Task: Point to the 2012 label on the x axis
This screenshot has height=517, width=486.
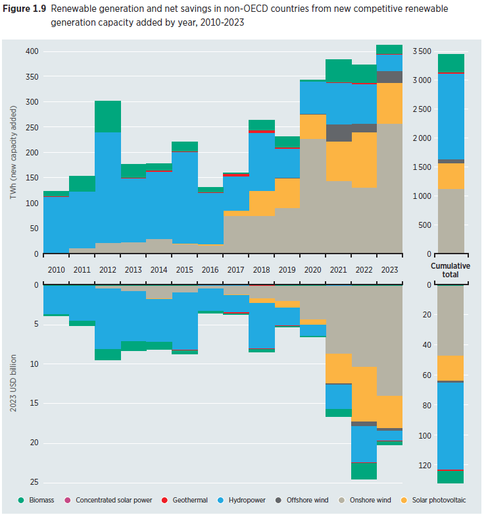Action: coord(107,269)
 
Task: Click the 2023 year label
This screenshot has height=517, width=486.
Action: coord(389,269)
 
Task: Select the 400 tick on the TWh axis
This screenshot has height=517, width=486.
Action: coord(33,51)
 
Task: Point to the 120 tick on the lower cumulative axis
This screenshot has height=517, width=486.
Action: coord(424,466)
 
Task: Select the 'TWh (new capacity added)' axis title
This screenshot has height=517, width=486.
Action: coord(13,152)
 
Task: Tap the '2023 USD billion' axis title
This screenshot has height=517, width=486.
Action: coord(13,382)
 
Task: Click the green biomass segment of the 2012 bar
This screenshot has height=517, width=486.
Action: coord(107,117)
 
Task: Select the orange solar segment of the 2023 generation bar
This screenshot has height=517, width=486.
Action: coord(389,103)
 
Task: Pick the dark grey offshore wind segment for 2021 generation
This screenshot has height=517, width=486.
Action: coord(339,133)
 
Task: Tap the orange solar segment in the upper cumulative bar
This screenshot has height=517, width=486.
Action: coord(450,176)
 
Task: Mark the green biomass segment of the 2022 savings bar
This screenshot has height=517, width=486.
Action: coord(364,471)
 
